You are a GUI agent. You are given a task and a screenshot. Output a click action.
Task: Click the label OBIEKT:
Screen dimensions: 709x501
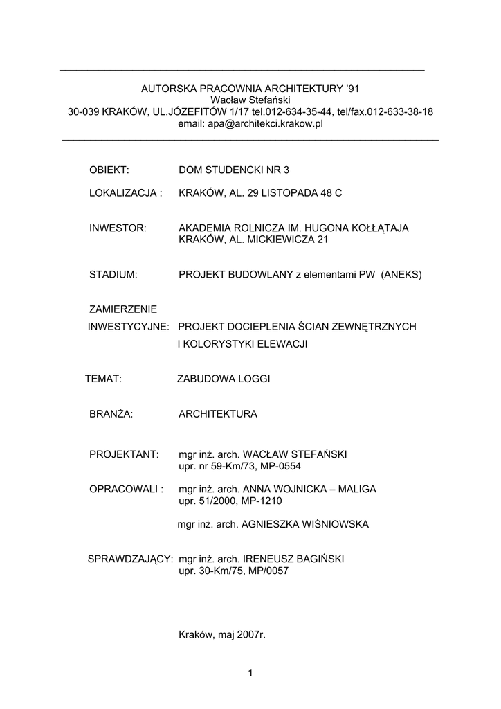tap(110, 170)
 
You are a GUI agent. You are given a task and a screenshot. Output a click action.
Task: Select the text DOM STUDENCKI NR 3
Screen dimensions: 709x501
tap(234, 170)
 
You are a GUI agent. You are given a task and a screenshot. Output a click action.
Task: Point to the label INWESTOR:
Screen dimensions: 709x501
tap(118, 228)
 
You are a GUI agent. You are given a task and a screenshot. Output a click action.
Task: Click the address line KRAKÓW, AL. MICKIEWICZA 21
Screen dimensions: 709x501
tap(253, 240)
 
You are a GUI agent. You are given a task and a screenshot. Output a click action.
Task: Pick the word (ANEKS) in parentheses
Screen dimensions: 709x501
tap(401, 275)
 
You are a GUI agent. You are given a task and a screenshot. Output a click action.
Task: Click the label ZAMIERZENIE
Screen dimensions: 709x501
tap(123, 309)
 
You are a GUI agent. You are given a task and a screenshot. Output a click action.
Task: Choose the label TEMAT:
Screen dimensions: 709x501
tap(103, 379)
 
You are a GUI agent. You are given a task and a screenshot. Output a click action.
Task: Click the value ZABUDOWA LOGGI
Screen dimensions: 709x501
tap(224, 379)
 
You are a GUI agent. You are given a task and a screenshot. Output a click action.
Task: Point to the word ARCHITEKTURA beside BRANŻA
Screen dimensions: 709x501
tap(218, 414)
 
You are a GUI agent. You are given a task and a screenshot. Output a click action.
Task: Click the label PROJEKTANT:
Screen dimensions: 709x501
tap(124, 454)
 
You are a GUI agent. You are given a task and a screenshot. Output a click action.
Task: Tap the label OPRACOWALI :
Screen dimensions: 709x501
tap(126, 489)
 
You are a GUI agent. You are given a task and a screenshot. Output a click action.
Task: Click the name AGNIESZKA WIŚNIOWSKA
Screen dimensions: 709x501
tap(304, 524)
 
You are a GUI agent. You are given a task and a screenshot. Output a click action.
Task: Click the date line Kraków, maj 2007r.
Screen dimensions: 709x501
tap(222, 634)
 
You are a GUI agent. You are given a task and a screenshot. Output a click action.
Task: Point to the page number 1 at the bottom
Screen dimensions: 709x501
tap(250, 673)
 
